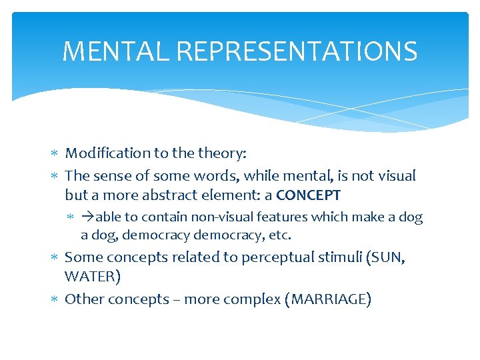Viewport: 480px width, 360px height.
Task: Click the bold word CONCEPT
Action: [x=308, y=195]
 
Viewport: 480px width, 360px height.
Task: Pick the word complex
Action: [x=256, y=299]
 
